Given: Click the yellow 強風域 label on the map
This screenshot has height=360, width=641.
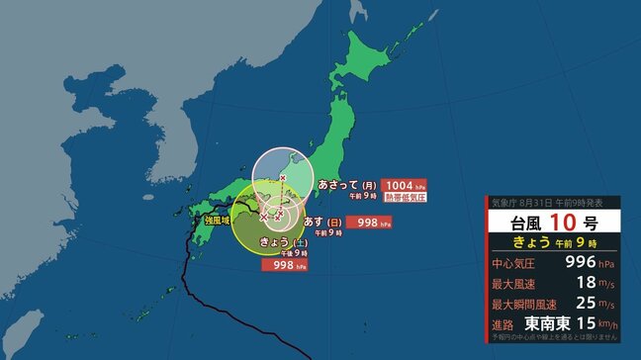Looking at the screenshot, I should pos(218,223).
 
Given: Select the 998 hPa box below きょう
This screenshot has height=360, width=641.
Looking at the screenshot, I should pos(282,265).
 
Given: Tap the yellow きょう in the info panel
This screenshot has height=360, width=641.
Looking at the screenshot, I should pos(537,241).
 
